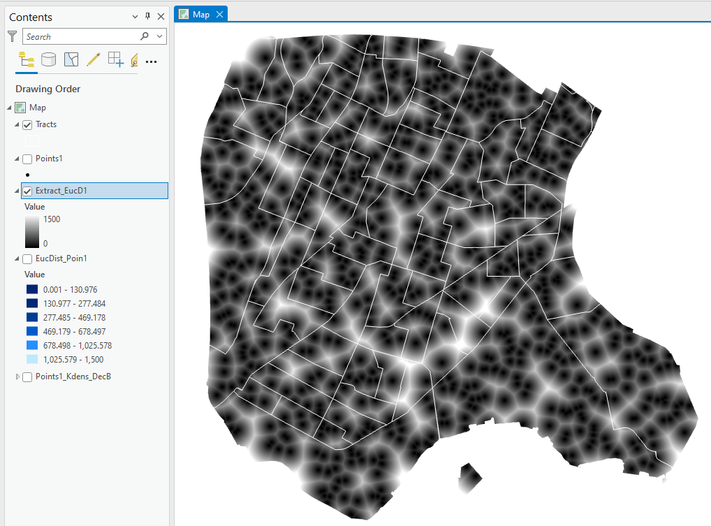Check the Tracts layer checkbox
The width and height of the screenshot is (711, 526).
coord(28,125)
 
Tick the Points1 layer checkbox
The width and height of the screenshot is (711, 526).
coord(28,159)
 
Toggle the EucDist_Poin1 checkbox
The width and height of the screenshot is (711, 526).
coord(28,259)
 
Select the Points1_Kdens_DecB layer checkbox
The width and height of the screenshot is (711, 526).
coord(28,377)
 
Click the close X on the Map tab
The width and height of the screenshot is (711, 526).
coord(219,15)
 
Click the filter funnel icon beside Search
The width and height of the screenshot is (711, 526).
coord(12,36)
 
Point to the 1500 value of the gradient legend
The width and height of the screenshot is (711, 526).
coord(52,219)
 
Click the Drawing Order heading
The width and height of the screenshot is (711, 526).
coord(47,89)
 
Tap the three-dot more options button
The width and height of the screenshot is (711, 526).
coord(151,61)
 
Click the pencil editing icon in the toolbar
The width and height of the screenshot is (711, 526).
coord(93,60)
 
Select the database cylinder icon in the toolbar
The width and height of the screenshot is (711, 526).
coord(49,60)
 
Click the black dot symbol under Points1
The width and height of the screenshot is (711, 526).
coord(27,175)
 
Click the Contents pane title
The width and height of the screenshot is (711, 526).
coord(31,17)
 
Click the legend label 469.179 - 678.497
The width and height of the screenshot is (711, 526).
coord(74,331)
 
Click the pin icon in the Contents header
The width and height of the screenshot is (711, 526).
coord(147,17)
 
